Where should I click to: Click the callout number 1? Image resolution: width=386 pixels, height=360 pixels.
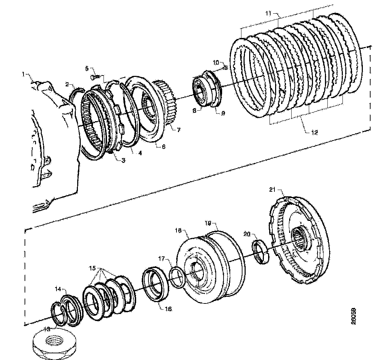(x=23, y=74)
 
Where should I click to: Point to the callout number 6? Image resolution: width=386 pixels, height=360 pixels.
(x=164, y=146)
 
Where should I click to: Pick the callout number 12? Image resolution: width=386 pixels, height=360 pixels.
(x=314, y=132)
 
